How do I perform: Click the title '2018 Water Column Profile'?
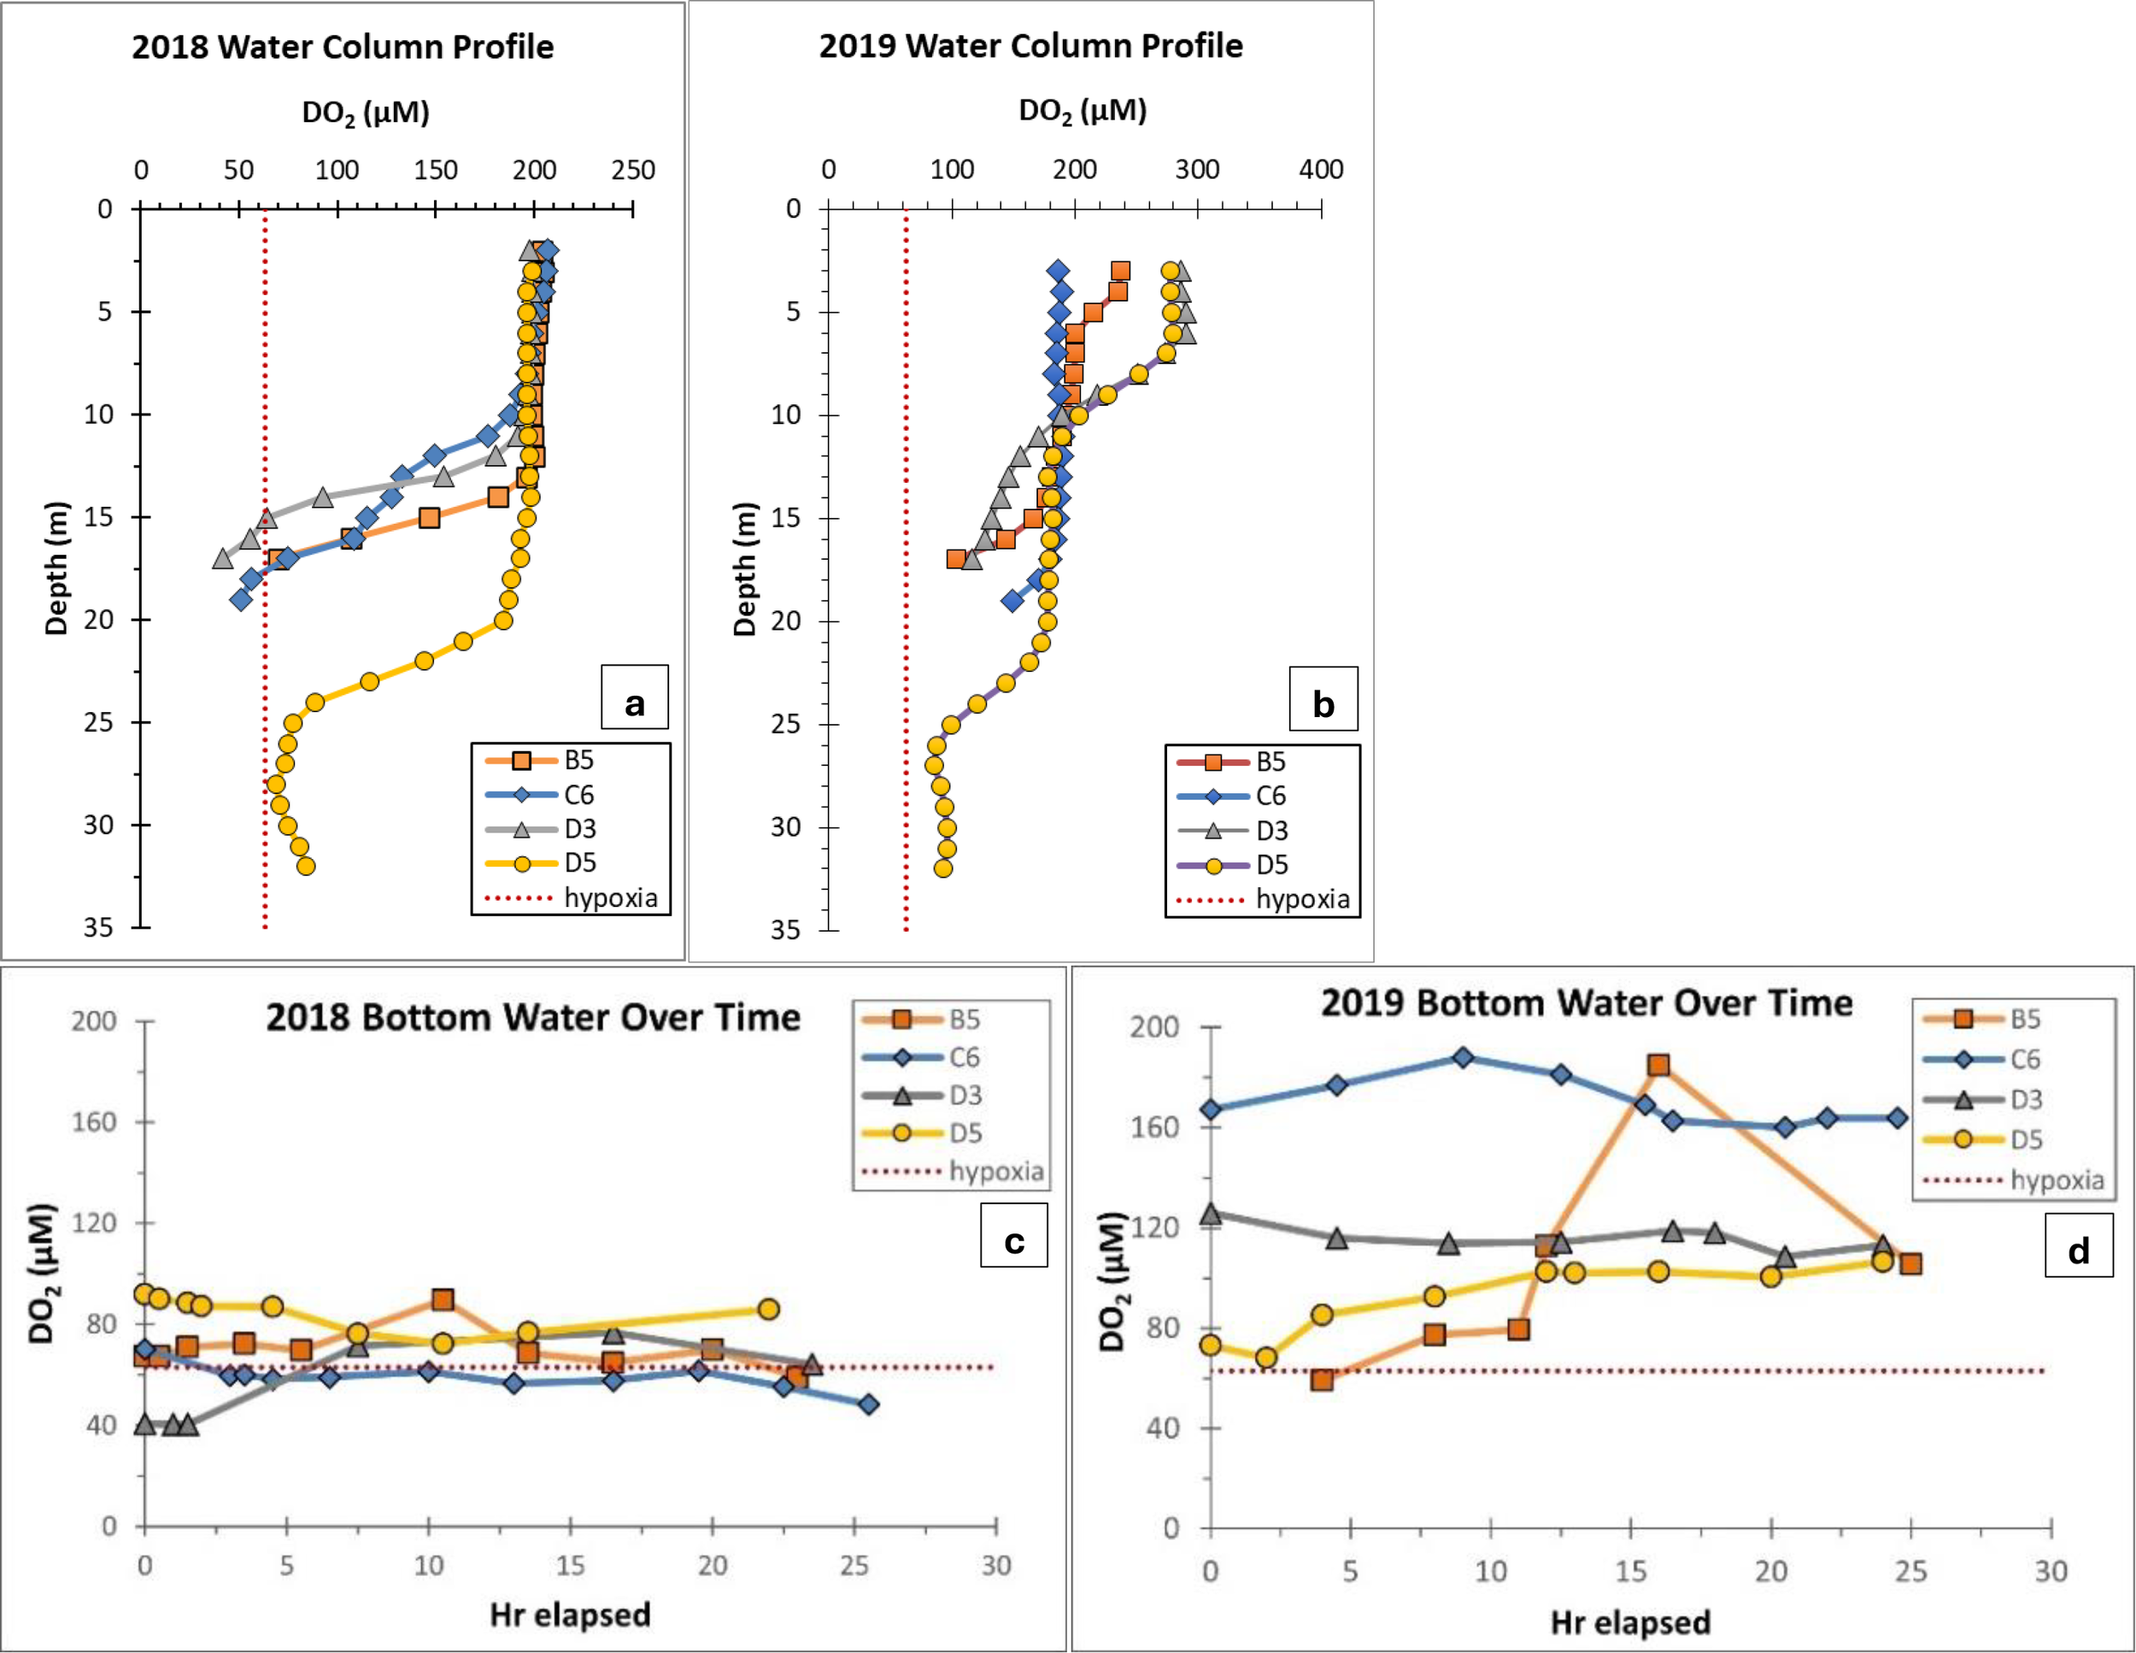[343, 47]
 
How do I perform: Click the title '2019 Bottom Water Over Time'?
[1587, 1003]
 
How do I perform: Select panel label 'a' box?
[635, 698]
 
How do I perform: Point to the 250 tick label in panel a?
[633, 170]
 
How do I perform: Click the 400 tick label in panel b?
[1320, 169]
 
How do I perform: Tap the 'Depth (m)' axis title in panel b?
[745, 569]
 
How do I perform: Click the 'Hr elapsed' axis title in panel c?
[570, 1615]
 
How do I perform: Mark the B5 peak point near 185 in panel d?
[1658, 1065]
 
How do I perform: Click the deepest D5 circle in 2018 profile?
[305, 866]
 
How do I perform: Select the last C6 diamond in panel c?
[868, 1404]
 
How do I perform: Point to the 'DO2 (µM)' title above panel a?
[365, 114]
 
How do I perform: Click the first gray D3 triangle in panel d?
[1211, 1214]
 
